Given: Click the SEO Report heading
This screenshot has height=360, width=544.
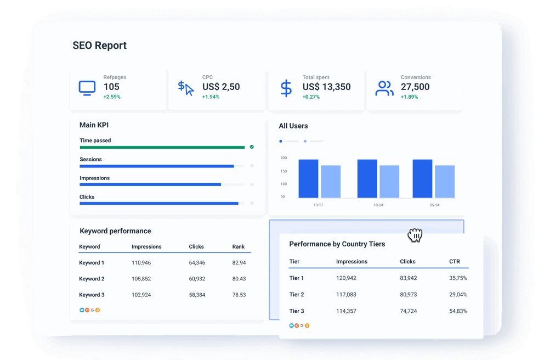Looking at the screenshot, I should coord(99,46).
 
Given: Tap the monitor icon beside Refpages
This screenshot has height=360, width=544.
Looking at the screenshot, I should coord(87,87).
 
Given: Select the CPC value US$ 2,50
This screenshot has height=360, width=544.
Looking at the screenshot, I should coord(221,87).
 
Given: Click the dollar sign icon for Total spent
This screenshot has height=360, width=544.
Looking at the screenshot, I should coord(286,88).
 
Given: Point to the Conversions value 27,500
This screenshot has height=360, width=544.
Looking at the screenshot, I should coord(415,87).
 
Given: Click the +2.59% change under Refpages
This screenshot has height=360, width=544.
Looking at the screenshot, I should coord(112,97).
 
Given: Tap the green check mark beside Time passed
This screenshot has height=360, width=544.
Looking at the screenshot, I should coord(252,147).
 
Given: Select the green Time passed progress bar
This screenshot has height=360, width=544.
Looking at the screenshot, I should coord(162,147).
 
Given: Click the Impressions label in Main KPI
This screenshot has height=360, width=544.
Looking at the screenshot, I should coord(94,178).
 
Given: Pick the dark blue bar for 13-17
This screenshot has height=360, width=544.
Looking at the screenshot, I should coord(308,178).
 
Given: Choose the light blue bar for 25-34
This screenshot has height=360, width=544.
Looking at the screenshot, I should coord(445,181).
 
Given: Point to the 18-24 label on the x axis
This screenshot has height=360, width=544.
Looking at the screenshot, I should coord(378,205).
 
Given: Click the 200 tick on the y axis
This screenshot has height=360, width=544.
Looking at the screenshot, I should coord(284,158).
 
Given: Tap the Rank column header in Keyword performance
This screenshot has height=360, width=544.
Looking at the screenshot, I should coord(238,247).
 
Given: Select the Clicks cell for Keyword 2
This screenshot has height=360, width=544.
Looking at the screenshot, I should coord(197,279).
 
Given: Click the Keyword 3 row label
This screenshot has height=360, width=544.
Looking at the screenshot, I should coord(92,295).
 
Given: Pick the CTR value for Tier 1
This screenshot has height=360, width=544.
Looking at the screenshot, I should coord(458,278).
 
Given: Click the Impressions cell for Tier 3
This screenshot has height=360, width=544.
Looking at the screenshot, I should coord(346,311).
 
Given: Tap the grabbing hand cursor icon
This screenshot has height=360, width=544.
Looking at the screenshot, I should coord(415,235).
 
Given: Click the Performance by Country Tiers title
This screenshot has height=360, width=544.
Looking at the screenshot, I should coord(337,244).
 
